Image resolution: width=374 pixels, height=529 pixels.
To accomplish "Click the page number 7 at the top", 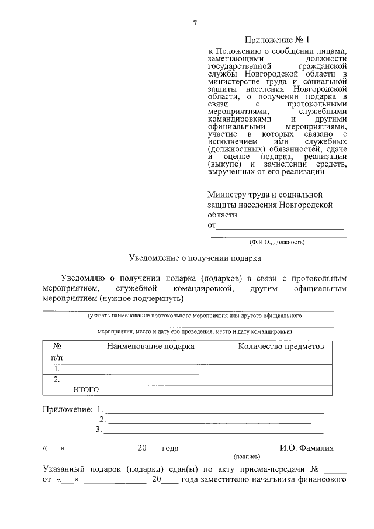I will tap(195, 23).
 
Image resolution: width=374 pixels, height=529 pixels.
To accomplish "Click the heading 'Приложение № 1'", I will tap(278, 40).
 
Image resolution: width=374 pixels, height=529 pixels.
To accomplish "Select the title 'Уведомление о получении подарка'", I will tap(195, 257).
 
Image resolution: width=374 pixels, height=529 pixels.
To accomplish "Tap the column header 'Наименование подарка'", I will tap(150, 346).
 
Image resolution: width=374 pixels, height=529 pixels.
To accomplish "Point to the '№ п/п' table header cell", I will tap(57, 351).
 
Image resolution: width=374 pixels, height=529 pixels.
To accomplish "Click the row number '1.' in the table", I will tap(57, 369).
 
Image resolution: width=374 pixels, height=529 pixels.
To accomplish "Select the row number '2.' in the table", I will tap(57, 379).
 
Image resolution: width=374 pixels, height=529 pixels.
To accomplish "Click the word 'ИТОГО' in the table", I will tap(86, 390).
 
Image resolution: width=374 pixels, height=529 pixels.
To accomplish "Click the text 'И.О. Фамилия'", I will tap(307, 448).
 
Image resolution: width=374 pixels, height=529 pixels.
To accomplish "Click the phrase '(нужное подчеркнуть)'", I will tap(141, 299).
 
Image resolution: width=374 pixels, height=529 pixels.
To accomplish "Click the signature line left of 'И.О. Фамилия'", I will tap(247, 449).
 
